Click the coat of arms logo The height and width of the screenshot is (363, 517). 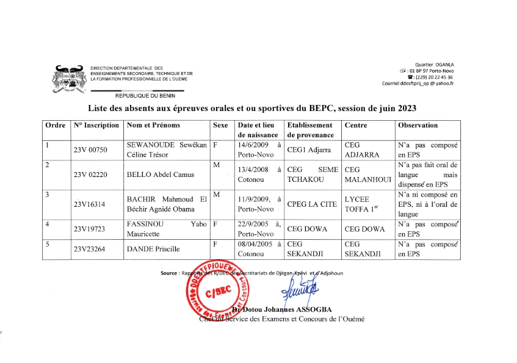(x=69, y=79)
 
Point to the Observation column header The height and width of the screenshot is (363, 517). (x=418, y=125)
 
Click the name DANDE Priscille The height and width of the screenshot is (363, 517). (x=148, y=249)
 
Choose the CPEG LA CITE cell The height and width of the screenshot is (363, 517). (x=311, y=205)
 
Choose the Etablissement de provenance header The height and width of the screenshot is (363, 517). (x=311, y=130)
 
